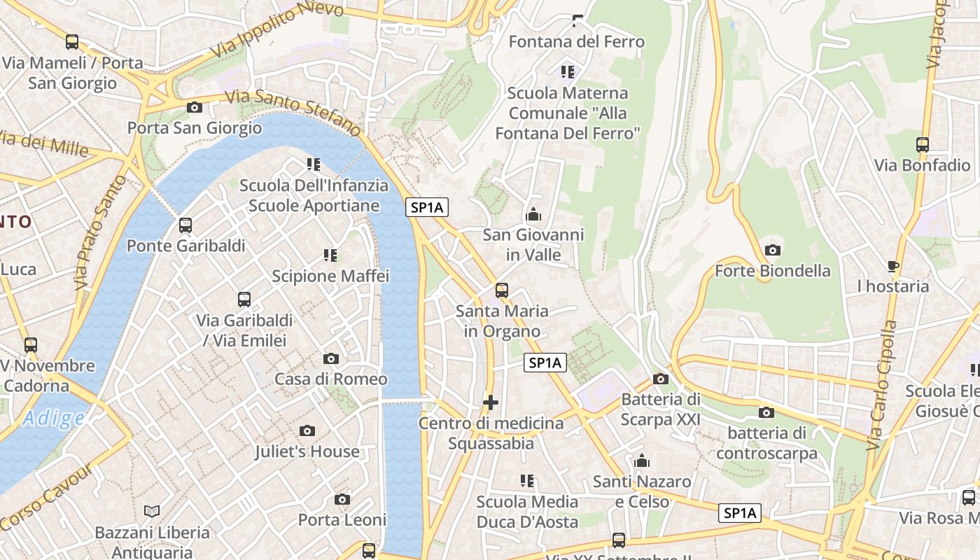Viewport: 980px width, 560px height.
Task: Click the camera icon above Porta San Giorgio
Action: [x=195, y=107]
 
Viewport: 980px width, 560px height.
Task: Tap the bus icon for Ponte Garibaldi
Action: [x=185, y=225]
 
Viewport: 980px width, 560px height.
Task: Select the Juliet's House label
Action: [x=307, y=451]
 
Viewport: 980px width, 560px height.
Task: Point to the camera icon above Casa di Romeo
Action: [x=331, y=358]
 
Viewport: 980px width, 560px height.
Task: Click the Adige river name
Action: [x=53, y=419]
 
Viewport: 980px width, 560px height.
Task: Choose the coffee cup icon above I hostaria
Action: [x=892, y=266]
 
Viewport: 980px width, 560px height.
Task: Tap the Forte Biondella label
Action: [x=772, y=271]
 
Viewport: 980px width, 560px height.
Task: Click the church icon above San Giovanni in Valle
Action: [x=533, y=214]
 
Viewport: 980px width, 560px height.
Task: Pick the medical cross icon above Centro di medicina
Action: [x=491, y=402]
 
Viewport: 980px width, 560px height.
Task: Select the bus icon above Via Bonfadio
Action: [x=923, y=145]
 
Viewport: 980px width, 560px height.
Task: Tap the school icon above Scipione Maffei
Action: [x=330, y=255]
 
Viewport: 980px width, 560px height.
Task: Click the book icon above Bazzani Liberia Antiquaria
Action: [x=152, y=512]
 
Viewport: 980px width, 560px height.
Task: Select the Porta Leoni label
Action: [x=342, y=520]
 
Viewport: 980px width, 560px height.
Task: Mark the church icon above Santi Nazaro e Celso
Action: [x=642, y=461]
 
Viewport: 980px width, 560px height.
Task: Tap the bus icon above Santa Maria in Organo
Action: [x=502, y=290]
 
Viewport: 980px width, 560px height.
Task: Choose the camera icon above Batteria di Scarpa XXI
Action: [x=660, y=379]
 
